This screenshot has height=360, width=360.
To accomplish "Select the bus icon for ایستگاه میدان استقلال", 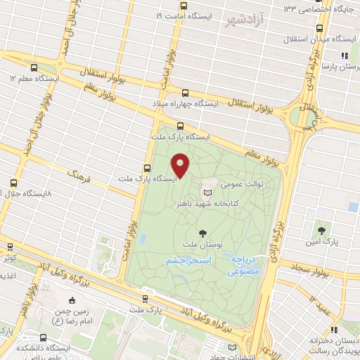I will (321, 30).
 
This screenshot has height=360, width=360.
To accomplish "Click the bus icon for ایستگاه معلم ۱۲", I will (34, 68).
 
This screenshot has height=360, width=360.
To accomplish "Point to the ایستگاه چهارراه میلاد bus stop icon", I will (186, 93).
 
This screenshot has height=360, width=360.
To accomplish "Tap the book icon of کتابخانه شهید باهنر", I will (207, 191).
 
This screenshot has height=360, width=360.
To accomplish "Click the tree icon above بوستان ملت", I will (203, 233).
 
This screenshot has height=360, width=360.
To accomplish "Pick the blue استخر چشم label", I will (189, 261).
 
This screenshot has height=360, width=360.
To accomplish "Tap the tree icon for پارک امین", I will (321, 230).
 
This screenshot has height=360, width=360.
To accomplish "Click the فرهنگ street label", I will (76, 174).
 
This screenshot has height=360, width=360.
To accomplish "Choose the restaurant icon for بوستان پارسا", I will (344, 56).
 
